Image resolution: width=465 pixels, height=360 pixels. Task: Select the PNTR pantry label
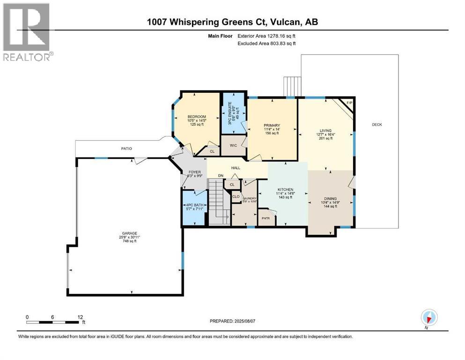tap(266, 218)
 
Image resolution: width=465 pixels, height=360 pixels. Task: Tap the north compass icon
tap(428, 318)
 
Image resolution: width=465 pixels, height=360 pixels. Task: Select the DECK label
tap(376, 125)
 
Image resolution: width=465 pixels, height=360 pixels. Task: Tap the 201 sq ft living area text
tap(325, 138)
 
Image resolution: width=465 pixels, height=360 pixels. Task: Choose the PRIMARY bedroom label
tap(272, 125)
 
